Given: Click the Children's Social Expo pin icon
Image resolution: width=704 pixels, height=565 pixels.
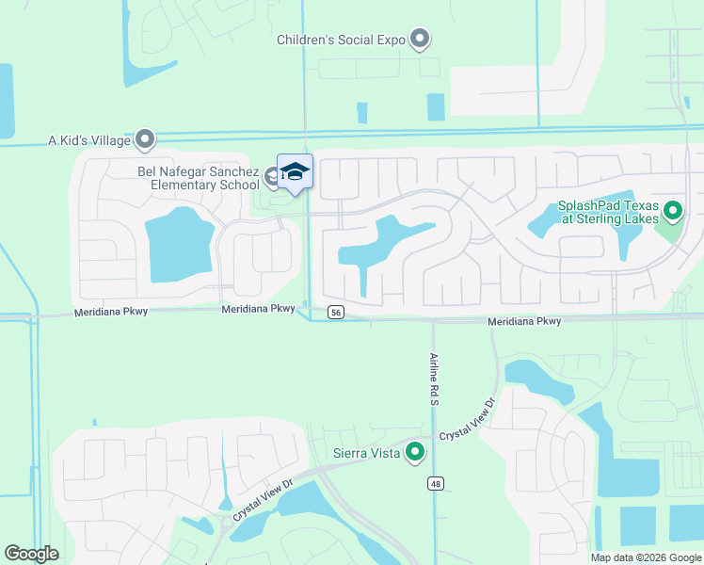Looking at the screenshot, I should click(420, 40).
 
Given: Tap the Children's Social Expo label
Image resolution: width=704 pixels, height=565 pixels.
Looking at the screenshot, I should click(341, 40).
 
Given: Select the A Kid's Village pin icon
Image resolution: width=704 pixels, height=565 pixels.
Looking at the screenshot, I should click(145, 139).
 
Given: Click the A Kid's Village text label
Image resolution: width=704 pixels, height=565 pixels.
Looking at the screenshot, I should click(88, 140).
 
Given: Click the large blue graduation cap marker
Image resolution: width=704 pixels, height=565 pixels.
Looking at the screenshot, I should click(295, 171).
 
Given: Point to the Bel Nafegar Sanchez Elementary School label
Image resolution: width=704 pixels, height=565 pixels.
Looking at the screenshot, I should click(199, 178).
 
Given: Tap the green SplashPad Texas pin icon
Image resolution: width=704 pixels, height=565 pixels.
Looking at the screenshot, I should click(672, 211).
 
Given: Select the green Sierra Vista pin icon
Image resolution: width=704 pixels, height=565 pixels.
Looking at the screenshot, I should click(415, 453).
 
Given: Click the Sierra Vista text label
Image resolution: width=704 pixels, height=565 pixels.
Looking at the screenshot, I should click(368, 453).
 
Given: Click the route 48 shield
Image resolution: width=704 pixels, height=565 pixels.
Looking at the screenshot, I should click(434, 484).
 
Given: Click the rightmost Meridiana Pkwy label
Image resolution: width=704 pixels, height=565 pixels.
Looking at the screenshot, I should click(524, 321).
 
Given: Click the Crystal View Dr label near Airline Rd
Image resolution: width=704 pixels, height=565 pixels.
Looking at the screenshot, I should click(467, 420).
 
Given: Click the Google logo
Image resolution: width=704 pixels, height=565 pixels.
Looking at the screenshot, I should click(31, 554).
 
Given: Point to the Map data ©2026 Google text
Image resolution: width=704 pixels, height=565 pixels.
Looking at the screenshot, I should click(646, 557).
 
